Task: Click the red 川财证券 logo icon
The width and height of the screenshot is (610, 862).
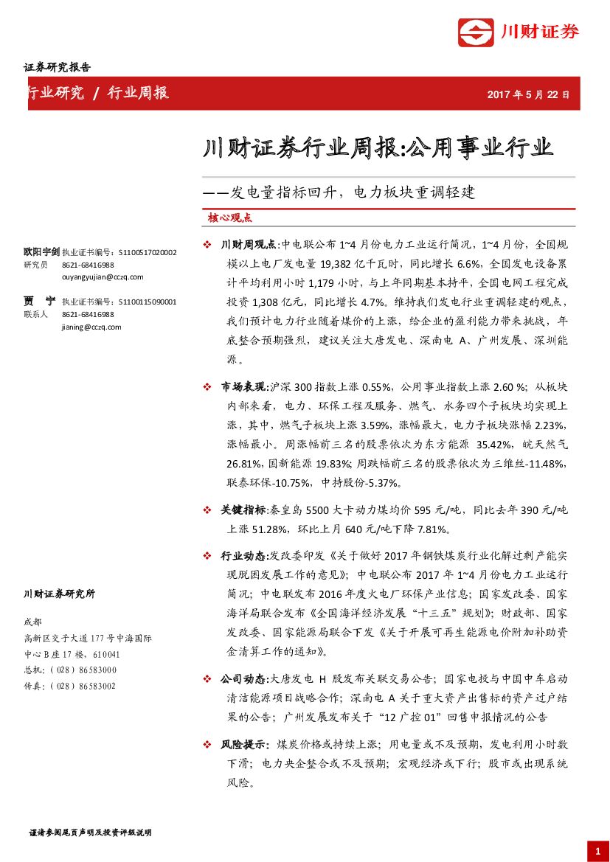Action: click(475, 32)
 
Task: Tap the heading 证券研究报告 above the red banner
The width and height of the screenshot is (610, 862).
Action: click(57, 67)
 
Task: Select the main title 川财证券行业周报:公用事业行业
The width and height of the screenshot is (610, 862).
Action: click(377, 147)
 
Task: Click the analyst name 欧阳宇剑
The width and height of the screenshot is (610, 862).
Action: click(41, 252)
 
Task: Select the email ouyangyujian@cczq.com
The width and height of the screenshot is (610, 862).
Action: click(103, 277)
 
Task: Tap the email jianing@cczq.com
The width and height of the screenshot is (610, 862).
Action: click(91, 327)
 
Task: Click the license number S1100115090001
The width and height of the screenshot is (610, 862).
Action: click(147, 302)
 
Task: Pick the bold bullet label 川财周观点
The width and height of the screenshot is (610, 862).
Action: click(247, 244)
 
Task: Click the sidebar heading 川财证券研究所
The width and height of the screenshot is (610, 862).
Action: click(59, 594)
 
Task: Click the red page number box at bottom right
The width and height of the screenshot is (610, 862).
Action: click(597, 851)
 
